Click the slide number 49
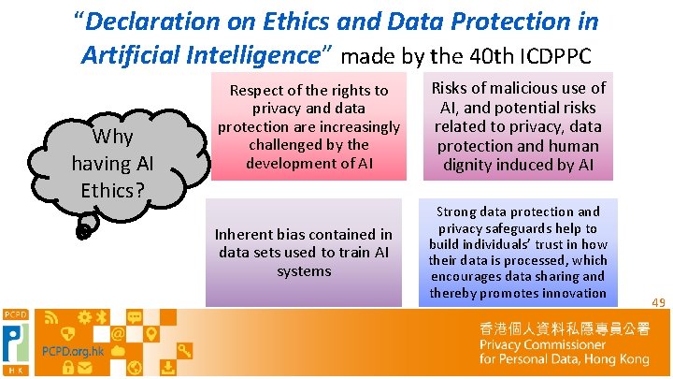[x=657, y=302]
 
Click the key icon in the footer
[x=184, y=351]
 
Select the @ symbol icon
[x=118, y=333]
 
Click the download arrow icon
[x=167, y=366]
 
